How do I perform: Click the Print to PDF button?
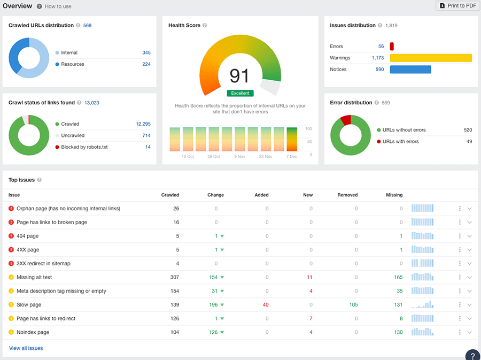coord(457,5)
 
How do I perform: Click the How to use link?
coord(58,6)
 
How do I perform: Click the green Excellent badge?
coord(240,93)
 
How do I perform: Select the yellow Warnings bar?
coord(431,58)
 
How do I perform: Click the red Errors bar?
coord(392,47)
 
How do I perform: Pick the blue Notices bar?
coord(410,70)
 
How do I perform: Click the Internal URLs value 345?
coord(146,53)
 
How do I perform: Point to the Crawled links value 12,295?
coord(143,124)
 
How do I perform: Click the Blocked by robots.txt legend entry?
coord(84,147)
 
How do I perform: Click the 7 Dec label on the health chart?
coord(292,157)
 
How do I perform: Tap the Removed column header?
coord(347,195)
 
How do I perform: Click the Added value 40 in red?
coord(265,305)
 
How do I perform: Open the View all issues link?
coord(26,348)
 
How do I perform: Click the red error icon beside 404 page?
coord(11,236)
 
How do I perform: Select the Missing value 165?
coord(398,277)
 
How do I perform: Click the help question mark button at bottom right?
coord(472,355)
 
